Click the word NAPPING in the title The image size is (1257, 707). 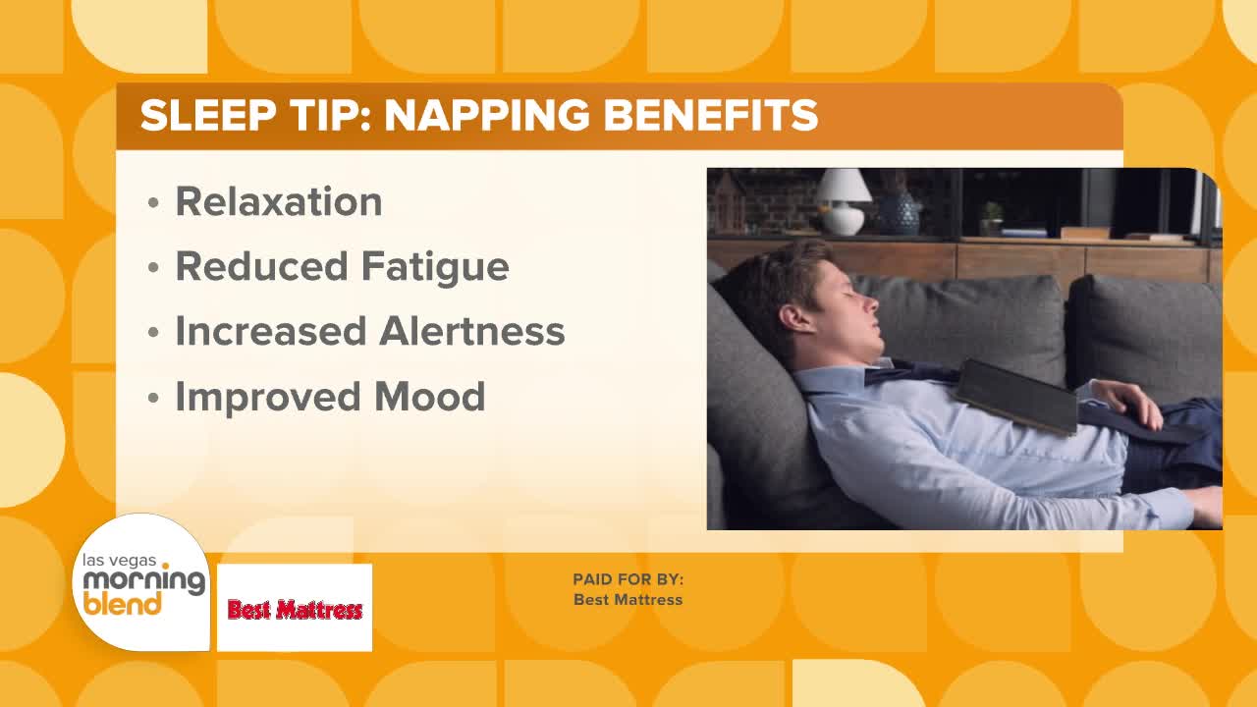486,116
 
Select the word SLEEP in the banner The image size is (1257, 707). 207,116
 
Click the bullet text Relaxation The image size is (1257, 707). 279,201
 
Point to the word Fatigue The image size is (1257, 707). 435,268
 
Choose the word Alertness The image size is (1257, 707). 472,331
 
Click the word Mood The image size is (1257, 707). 429,396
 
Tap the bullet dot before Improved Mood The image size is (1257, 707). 153,398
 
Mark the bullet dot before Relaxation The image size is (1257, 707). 153,202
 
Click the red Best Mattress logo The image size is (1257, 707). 295,610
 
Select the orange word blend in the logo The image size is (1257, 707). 122,604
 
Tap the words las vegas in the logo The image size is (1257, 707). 119,560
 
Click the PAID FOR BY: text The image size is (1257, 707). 628,579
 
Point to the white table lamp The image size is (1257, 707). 843,201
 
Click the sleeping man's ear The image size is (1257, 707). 793,321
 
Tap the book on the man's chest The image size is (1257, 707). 1016,397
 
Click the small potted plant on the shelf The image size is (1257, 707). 992,219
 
